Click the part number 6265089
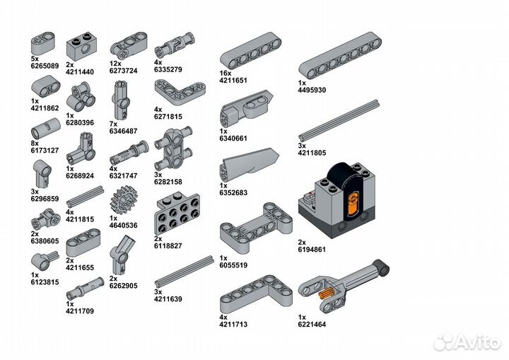(45, 66)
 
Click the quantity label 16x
(226, 74)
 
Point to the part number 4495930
(312, 90)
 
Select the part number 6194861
(312, 250)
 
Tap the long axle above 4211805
(339, 120)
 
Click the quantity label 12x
(115, 64)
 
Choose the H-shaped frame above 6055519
(256, 228)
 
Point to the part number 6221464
(312, 324)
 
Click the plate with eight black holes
(177, 213)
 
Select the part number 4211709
(80, 311)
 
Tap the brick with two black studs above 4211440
(83, 47)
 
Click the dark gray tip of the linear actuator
(382, 267)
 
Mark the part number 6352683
(233, 192)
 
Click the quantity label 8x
(35, 144)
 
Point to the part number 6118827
(168, 246)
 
